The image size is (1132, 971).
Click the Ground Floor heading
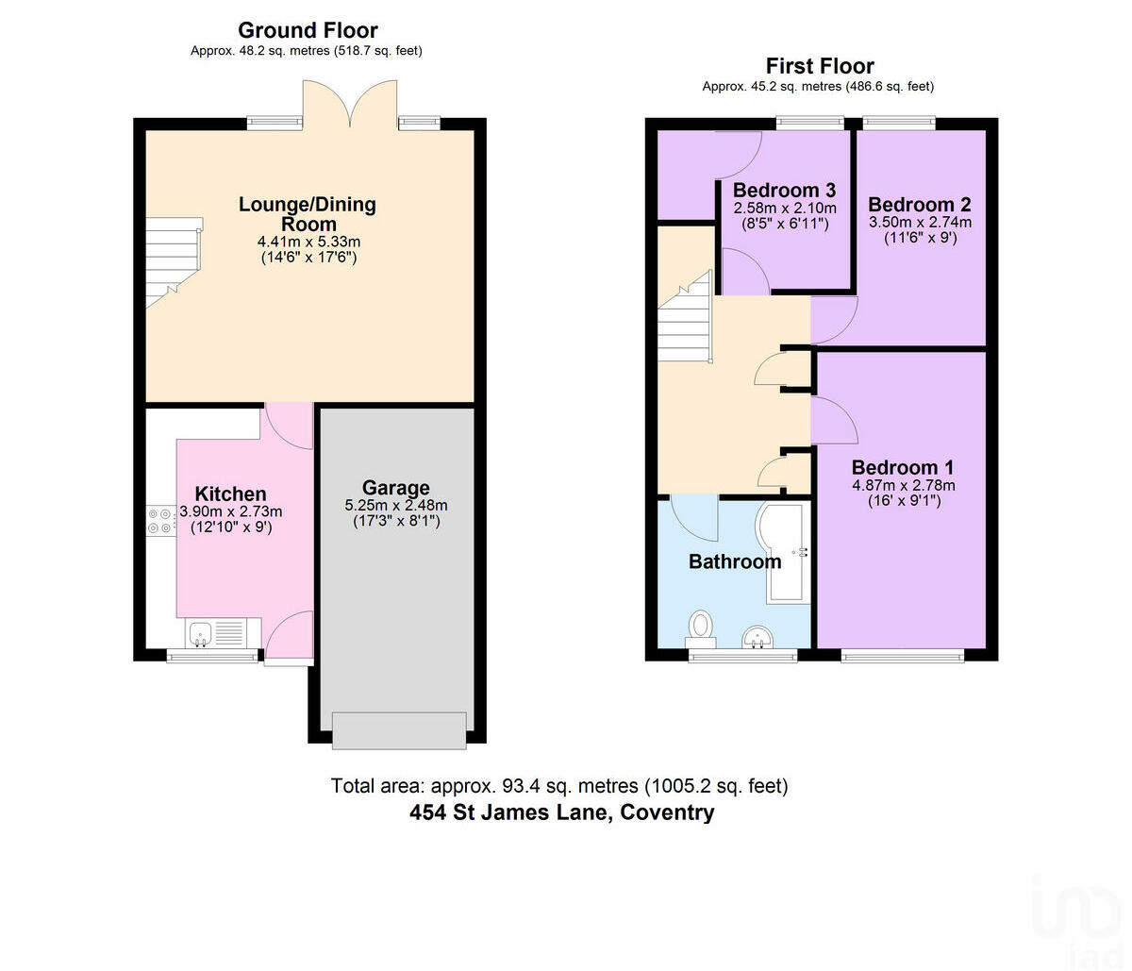308,30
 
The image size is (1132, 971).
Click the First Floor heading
819,66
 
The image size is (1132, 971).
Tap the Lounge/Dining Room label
308,213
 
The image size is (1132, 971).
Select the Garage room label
395,488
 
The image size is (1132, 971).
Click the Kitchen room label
230,494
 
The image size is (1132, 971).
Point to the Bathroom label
735,561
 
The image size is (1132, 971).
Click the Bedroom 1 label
902,467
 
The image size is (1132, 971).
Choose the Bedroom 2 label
919,205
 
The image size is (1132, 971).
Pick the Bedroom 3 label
784,191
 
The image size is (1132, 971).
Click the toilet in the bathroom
700,626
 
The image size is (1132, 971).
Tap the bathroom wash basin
757,639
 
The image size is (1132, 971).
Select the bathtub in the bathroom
784,553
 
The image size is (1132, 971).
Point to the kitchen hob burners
158,521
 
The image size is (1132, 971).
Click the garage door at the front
399,730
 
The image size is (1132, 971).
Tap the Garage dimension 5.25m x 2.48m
395,506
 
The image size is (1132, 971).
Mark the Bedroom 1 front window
903,655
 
